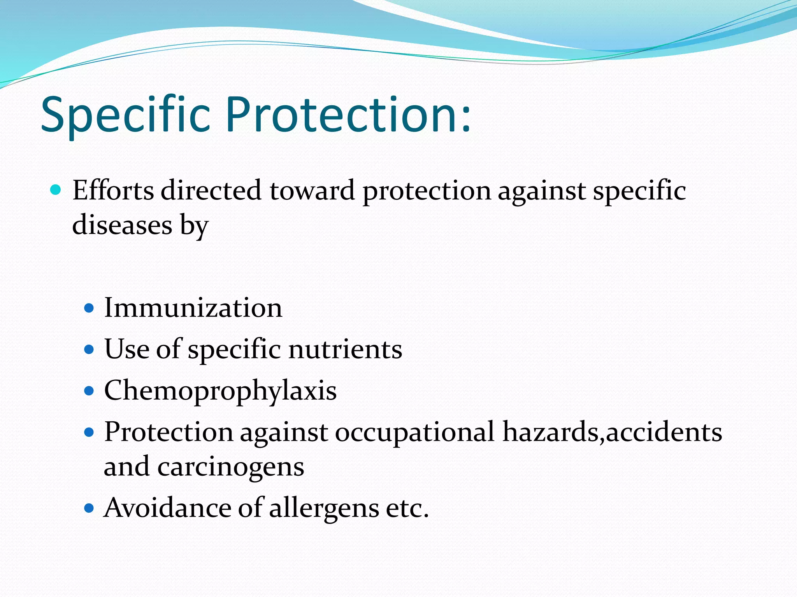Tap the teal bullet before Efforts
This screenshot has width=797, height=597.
56,190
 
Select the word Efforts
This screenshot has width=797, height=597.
113,190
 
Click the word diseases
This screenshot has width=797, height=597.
122,225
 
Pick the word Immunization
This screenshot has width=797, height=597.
193,308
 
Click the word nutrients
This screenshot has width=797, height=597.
345,349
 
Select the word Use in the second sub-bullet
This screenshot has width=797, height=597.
126,349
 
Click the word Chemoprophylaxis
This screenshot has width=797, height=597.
220,391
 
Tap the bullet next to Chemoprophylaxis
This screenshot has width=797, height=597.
89,391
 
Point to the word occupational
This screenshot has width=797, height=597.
415,432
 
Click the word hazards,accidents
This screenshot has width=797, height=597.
612,432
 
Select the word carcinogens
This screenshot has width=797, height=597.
231,466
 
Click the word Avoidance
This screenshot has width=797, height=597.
167,508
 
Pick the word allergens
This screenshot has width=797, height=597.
324,508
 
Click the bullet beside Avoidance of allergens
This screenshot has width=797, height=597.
89,508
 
